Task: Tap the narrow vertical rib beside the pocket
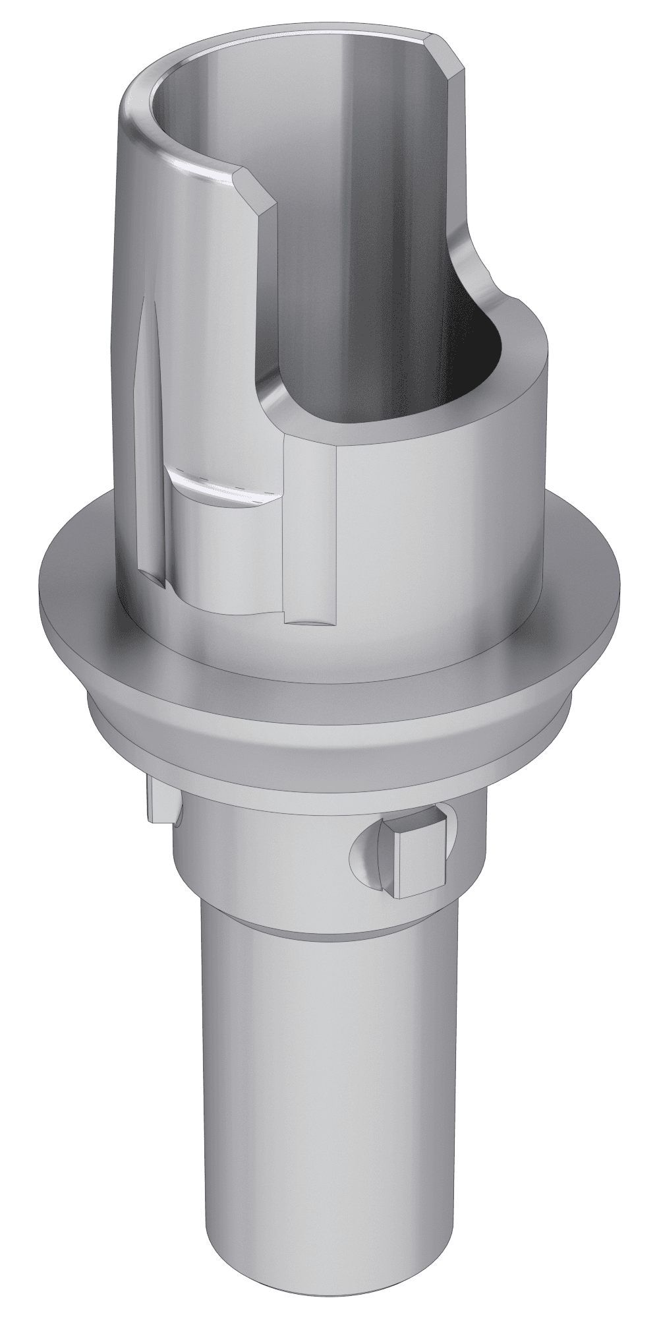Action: pos(310,528)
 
